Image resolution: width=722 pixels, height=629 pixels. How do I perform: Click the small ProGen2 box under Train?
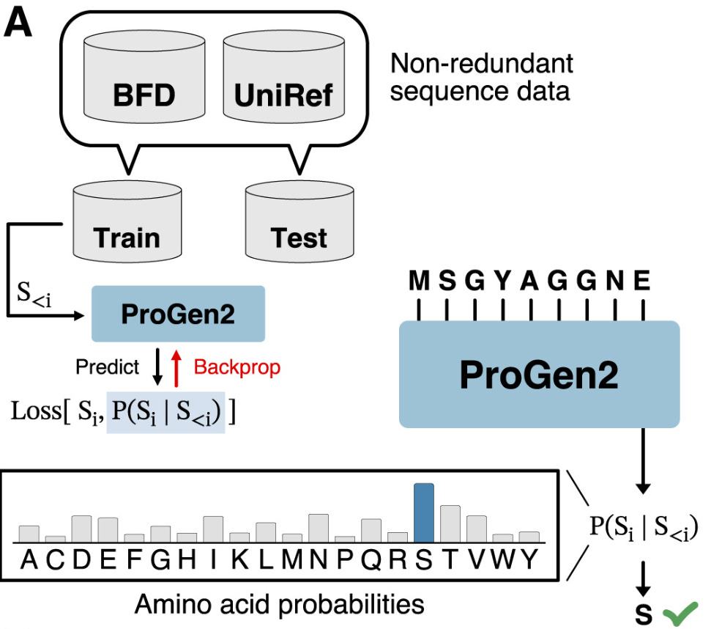(178, 314)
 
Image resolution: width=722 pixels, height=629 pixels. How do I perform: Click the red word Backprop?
(237, 367)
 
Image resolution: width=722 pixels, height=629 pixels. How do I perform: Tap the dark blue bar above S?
(424, 512)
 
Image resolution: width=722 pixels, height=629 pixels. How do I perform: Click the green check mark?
(681, 614)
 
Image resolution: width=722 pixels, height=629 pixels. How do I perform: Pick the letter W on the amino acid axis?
(502, 561)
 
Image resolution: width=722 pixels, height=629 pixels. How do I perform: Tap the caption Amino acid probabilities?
(280, 605)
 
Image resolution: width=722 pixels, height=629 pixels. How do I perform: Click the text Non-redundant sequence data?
(481, 78)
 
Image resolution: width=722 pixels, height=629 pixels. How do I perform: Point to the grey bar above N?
(319, 527)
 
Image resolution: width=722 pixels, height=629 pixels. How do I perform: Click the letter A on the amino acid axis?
(29, 561)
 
